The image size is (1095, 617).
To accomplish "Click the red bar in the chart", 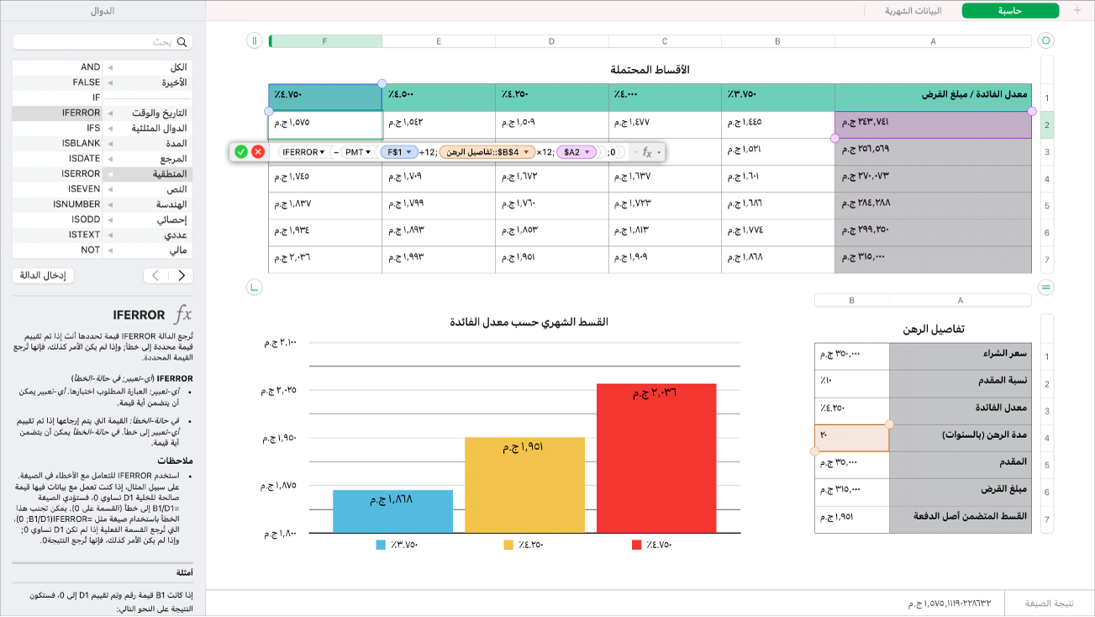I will tap(656, 458).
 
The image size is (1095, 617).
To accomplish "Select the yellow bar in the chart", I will tap(524, 485).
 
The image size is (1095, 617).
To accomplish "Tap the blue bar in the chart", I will tap(392, 511).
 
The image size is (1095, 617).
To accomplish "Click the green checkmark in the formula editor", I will tap(241, 152).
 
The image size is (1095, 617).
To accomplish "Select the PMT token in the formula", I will tap(357, 152).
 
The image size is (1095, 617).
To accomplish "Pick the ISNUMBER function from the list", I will tap(77, 204).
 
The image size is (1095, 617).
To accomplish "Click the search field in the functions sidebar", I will tap(103, 41).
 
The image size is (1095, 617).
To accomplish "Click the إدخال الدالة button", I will tap(44, 275).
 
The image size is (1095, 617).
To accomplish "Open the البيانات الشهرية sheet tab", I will tap(913, 11).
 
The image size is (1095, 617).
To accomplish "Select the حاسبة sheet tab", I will tap(1009, 11).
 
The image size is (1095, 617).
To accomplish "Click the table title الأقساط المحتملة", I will tap(650, 69).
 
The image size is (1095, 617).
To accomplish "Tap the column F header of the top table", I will tap(325, 40).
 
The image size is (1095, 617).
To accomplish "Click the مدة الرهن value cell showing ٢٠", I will tap(851, 438).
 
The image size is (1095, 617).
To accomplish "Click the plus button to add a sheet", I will tap(1077, 11).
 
